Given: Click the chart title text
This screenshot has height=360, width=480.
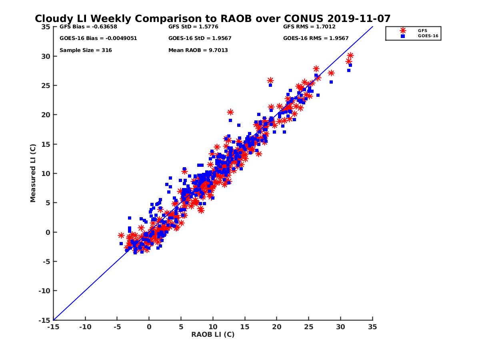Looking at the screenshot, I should coord(212,18).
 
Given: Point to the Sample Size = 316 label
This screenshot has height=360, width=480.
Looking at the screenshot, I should coord(86,50).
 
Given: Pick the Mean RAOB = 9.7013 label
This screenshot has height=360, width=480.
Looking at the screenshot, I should coord(198,50).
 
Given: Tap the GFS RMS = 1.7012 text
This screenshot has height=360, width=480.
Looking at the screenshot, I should coord(309,27).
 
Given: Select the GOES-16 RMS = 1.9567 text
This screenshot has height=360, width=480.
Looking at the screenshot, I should coord(316,38).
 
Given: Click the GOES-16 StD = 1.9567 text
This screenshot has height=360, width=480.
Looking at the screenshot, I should coord(200,38).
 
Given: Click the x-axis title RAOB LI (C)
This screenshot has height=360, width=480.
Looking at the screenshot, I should coord(213,334).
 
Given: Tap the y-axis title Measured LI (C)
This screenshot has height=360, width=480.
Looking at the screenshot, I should coord(33,173).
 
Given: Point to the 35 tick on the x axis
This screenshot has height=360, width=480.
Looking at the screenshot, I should coord(372,327).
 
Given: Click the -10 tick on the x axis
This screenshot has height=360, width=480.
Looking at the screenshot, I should coord(85,327).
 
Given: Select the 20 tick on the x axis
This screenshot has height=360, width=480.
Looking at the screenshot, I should coord(277,327).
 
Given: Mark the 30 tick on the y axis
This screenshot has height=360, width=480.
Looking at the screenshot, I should coord(45,56).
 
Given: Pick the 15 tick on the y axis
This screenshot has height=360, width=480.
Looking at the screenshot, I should coord(45,144).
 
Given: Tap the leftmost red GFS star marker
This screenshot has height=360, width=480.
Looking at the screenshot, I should coord(121,235).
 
